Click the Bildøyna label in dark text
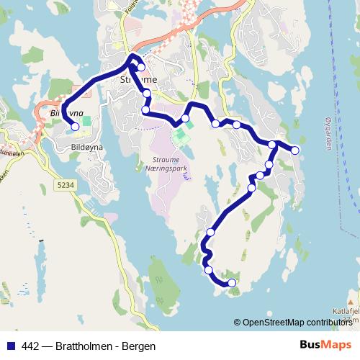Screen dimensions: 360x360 tap(88, 146)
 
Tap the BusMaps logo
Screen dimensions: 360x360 tap(325, 345)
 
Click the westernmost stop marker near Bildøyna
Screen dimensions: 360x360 tap(75, 127)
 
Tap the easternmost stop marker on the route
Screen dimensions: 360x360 tap(294, 150)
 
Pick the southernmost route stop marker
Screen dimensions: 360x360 tap(232, 283)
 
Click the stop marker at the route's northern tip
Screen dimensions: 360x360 tap(141, 68)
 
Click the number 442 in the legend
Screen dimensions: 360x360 tap(31, 346)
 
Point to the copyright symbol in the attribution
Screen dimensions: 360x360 tap(238, 323)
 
